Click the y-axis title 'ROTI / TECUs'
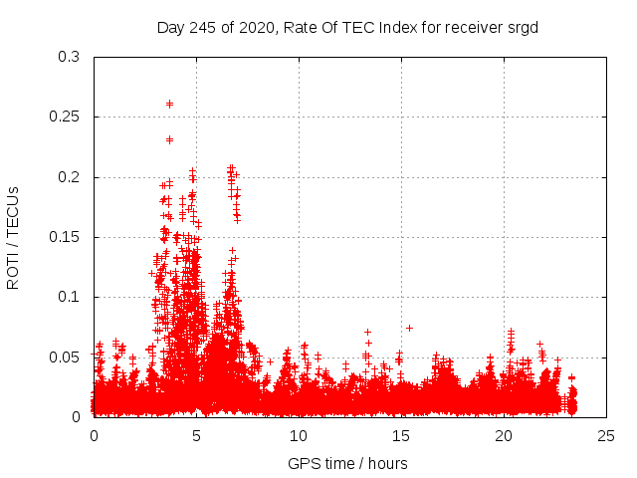13,237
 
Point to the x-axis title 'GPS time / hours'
347,463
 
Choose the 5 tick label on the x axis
196,435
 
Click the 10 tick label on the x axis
299,435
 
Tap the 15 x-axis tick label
401,435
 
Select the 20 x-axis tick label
504,435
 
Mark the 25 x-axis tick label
606,435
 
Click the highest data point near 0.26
169,104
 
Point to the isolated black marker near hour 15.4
409,328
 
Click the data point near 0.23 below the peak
169,139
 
